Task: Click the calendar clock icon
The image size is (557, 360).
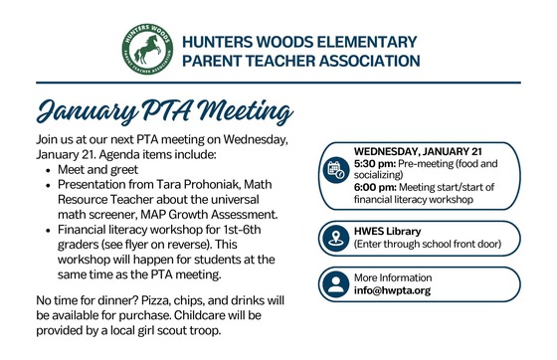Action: pyautogui.click(x=333, y=170)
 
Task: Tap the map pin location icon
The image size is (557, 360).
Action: pyautogui.click(x=333, y=239)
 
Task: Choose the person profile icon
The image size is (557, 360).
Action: pyautogui.click(x=333, y=286)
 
